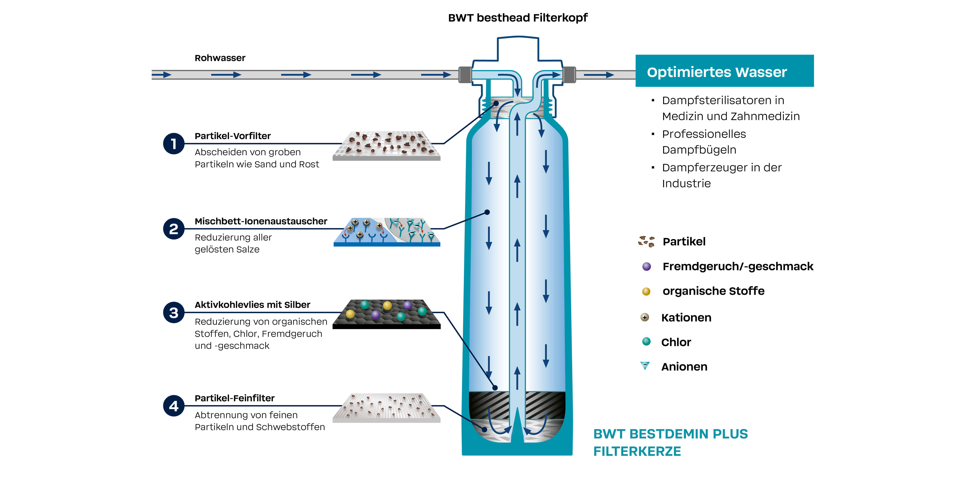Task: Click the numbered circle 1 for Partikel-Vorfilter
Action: click(x=174, y=144)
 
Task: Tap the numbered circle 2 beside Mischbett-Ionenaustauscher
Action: click(x=174, y=229)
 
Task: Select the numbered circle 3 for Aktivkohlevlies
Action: click(x=174, y=312)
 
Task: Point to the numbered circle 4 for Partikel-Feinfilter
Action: click(x=174, y=406)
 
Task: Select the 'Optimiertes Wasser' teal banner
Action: click(x=724, y=71)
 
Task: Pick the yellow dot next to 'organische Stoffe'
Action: click(x=646, y=291)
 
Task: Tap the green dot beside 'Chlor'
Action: click(x=646, y=341)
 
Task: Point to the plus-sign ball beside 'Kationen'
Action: click(x=645, y=317)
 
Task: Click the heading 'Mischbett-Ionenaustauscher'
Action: click(x=261, y=221)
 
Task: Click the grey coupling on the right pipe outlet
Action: click(x=569, y=75)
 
